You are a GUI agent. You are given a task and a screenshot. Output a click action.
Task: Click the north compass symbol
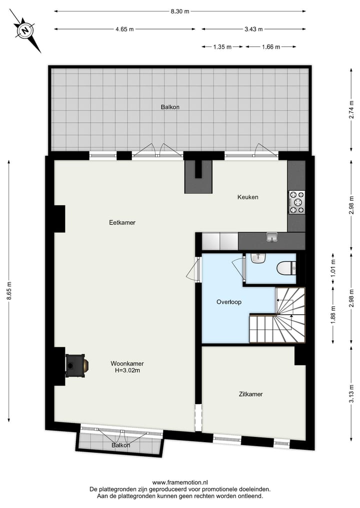(24, 30)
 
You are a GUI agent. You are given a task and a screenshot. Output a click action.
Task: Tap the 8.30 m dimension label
(180, 11)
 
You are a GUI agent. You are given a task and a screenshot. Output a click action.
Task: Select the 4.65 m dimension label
(124, 29)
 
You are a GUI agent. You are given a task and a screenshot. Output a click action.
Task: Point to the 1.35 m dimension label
(222, 47)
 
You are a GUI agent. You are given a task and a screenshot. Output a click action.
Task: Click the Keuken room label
(247, 197)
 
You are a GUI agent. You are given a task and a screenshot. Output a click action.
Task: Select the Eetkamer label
(122, 223)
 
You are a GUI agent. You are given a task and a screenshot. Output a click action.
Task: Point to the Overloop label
(229, 302)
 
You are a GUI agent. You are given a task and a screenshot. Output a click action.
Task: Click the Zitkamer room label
(250, 394)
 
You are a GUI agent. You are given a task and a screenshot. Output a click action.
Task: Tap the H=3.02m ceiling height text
(124, 371)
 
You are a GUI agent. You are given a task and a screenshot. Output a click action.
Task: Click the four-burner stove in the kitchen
(297, 202)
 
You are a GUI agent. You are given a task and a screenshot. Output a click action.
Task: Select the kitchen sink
(271, 237)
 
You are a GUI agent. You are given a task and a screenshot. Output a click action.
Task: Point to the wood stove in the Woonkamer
(77, 365)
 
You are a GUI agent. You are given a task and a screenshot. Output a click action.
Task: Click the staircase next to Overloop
(282, 318)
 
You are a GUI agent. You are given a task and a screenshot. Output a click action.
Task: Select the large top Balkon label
(170, 107)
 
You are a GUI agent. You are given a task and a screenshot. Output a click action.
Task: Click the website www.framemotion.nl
(179, 483)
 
